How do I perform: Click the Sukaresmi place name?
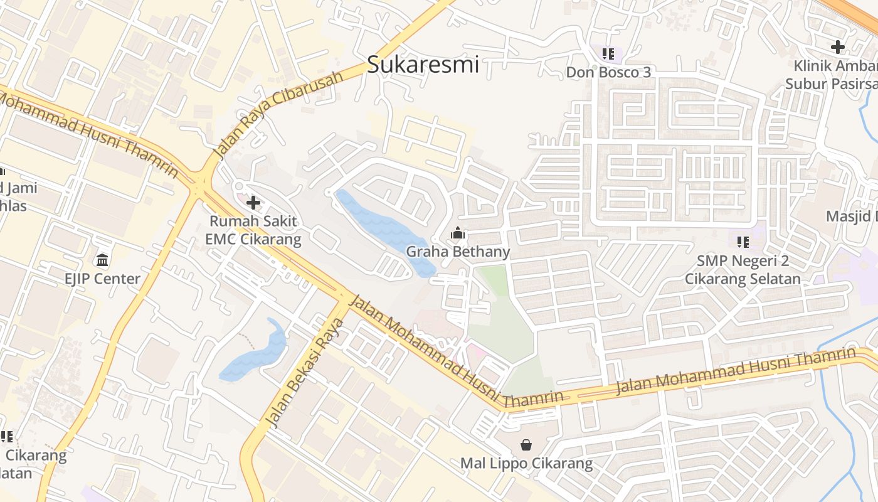pyautogui.click(x=423, y=65)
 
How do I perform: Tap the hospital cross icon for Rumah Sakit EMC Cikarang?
pyautogui.click(x=253, y=203)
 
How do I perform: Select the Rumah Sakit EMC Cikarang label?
pyautogui.click(x=253, y=230)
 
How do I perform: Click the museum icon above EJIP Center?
pyautogui.click(x=102, y=260)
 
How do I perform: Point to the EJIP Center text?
pyautogui.click(x=102, y=279)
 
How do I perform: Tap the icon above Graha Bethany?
pyautogui.click(x=458, y=234)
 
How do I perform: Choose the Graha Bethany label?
pyautogui.click(x=458, y=252)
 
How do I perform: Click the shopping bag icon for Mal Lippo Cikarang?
pyautogui.click(x=526, y=445)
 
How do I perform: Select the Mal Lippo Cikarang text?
pyautogui.click(x=526, y=464)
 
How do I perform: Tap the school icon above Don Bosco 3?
pyautogui.click(x=608, y=54)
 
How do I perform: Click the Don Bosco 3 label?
pyautogui.click(x=608, y=72)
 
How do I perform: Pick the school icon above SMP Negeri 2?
pyautogui.click(x=743, y=242)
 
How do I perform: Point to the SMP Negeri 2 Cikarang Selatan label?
pyautogui.click(x=743, y=270)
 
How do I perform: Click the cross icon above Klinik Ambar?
pyautogui.click(x=837, y=46)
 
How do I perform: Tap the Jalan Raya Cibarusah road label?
pyautogui.click(x=279, y=114)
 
